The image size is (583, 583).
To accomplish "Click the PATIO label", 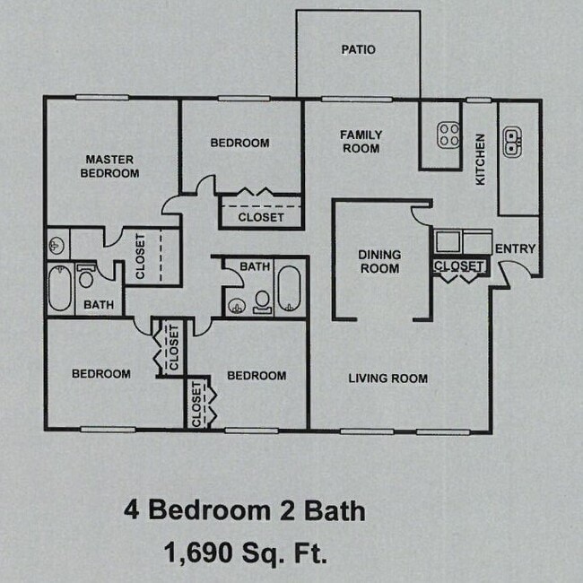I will pos(358,49).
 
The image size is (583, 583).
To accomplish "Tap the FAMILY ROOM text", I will pos(361,142).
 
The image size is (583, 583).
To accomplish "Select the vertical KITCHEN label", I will pos(480,160).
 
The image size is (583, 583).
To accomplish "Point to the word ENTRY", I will pos(515,248).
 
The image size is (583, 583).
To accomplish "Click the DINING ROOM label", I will pos(379,261).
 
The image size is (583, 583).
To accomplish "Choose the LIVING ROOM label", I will pos(387,379).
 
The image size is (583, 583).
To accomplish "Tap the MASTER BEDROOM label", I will pos(109,166).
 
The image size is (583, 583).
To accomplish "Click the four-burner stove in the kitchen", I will pos(448,135).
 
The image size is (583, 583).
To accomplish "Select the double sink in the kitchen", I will pos(513,140).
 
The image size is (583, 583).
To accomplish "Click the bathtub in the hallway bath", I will pos(290,289).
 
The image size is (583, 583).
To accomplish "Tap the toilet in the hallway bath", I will pos(263,301).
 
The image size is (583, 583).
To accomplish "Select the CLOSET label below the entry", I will pos(458,266).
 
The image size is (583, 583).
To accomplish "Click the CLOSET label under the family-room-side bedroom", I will pos(261,217).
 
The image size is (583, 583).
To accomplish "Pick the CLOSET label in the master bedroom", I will pos(140,257).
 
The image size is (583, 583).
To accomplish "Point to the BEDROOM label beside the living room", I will pos(257,375).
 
